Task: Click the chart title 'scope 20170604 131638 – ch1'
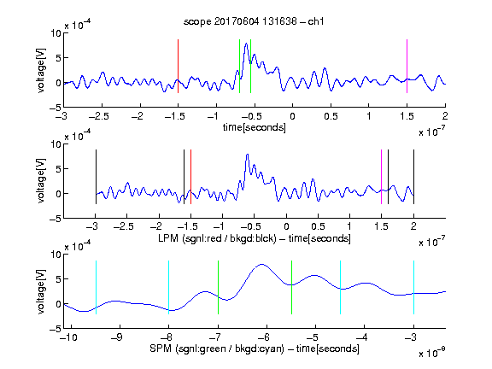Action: (x=254, y=21)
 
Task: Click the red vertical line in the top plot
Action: (x=178, y=67)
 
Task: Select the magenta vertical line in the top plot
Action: (x=407, y=67)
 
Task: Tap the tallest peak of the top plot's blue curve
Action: (x=246, y=44)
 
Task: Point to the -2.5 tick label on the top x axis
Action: (x=99, y=116)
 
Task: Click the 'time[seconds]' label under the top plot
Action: (x=255, y=127)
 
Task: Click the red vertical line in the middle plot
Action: (x=190, y=177)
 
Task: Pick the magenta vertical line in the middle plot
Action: (x=381, y=177)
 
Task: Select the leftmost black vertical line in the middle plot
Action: (x=96, y=177)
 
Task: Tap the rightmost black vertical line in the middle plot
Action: (x=413, y=177)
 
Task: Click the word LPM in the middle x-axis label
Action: (x=168, y=238)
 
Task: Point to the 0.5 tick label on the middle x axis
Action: (x=318, y=226)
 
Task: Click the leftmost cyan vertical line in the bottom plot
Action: (x=96, y=287)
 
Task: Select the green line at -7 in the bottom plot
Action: (x=218, y=287)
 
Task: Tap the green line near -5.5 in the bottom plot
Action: (x=291, y=287)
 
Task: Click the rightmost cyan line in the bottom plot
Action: (x=413, y=287)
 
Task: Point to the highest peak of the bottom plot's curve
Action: (x=261, y=265)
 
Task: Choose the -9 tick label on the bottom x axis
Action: (x=117, y=337)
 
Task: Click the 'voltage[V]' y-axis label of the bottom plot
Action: (x=41, y=291)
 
